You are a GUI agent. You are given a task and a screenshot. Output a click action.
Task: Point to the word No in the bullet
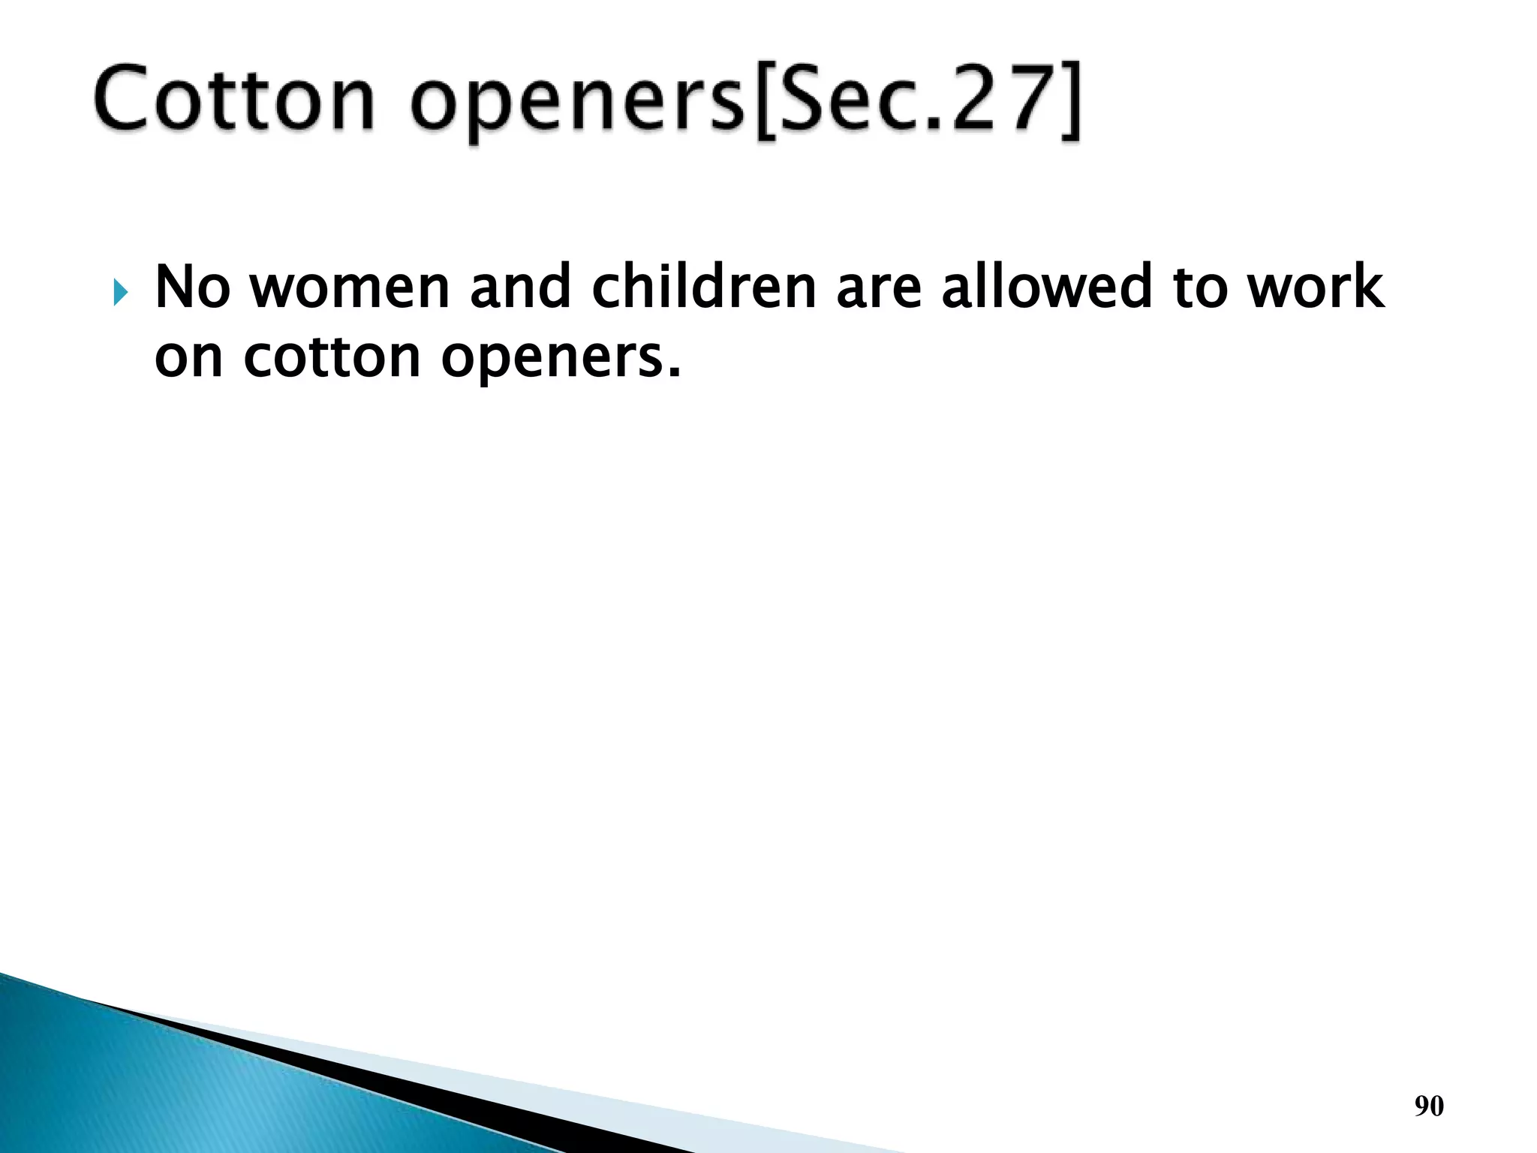pos(192,287)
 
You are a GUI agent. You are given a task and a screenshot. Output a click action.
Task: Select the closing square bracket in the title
pos(1070,101)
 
